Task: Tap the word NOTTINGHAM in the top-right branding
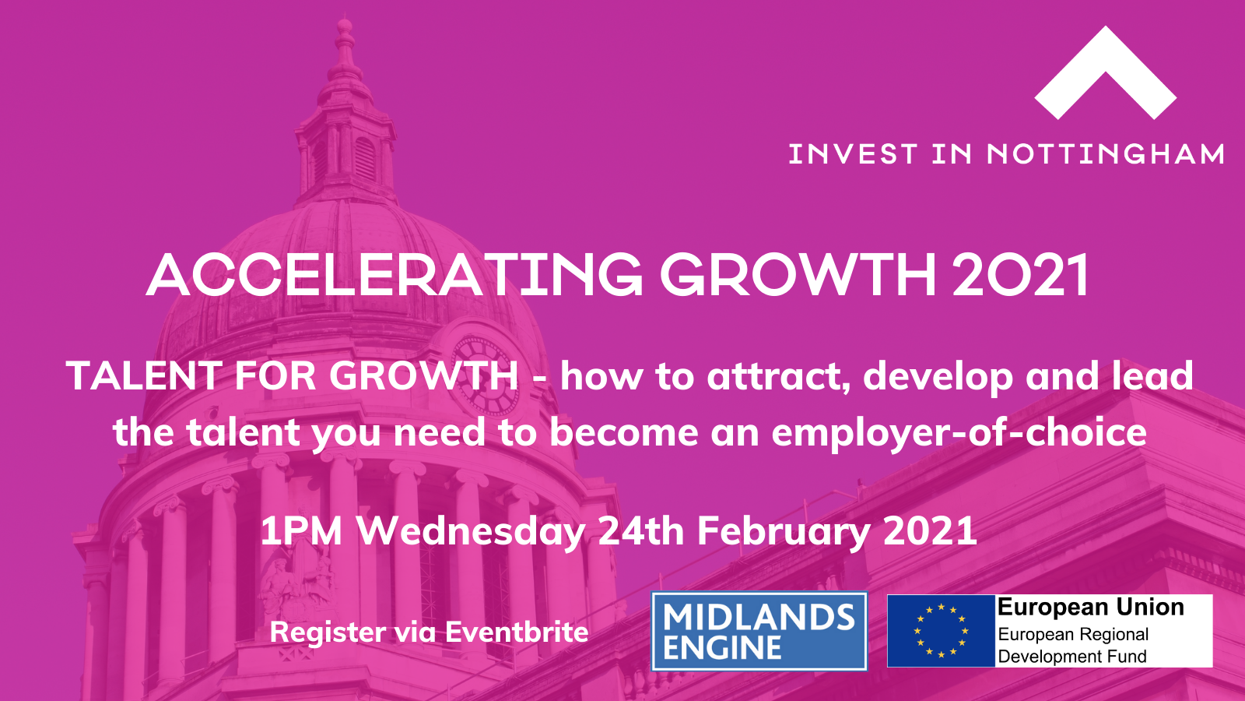pyautogui.click(x=1106, y=154)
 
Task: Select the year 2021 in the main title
pyautogui.click(x=1020, y=275)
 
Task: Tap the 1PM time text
pyautogui.click(x=301, y=531)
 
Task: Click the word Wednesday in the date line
pyautogui.click(x=471, y=531)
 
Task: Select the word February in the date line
pyautogui.click(x=783, y=531)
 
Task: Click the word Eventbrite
pyautogui.click(x=517, y=632)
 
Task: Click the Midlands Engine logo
pyautogui.click(x=759, y=631)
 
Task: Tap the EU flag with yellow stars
pyautogui.click(x=941, y=631)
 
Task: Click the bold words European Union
pyautogui.click(x=1090, y=607)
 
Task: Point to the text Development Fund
pyautogui.click(x=1072, y=656)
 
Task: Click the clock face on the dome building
pyautogui.click(x=486, y=376)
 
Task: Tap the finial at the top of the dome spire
pyautogui.click(x=345, y=28)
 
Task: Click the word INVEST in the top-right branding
pyautogui.click(x=853, y=154)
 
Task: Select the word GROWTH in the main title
pyautogui.click(x=798, y=276)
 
